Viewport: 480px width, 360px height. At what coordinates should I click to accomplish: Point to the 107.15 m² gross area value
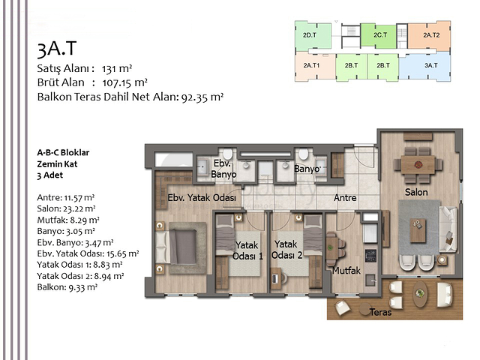tap(124, 82)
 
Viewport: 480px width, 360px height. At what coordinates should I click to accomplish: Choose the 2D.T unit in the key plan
tap(308, 35)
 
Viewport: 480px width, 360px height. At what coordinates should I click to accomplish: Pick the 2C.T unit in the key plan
tap(379, 35)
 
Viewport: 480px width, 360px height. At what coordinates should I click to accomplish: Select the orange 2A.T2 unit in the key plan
tap(430, 35)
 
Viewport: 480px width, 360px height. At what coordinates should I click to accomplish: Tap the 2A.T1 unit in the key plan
tap(312, 66)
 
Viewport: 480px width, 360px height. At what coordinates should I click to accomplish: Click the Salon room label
tap(417, 193)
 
